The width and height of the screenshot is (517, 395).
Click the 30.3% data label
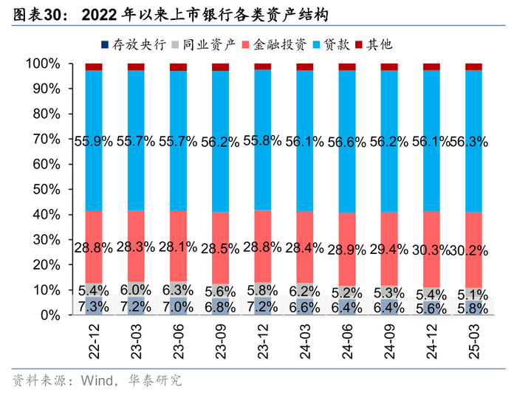click(432, 250)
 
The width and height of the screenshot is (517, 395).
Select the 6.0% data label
click(137, 289)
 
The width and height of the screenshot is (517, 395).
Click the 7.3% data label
click(94, 306)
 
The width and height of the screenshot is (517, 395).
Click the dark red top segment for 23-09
click(221, 67)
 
